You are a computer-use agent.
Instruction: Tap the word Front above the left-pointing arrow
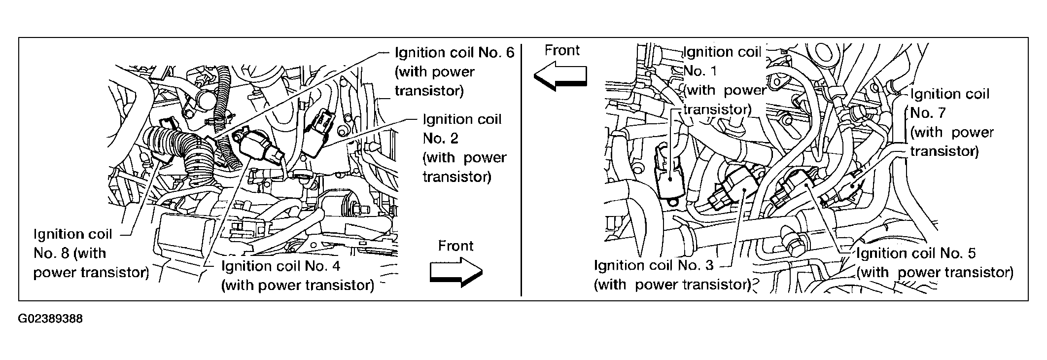click(x=562, y=50)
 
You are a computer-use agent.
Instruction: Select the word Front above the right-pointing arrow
click(x=455, y=246)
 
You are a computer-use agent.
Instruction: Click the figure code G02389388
click(x=50, y=319)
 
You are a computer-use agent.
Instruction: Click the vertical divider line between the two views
click(x=522, y=168)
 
